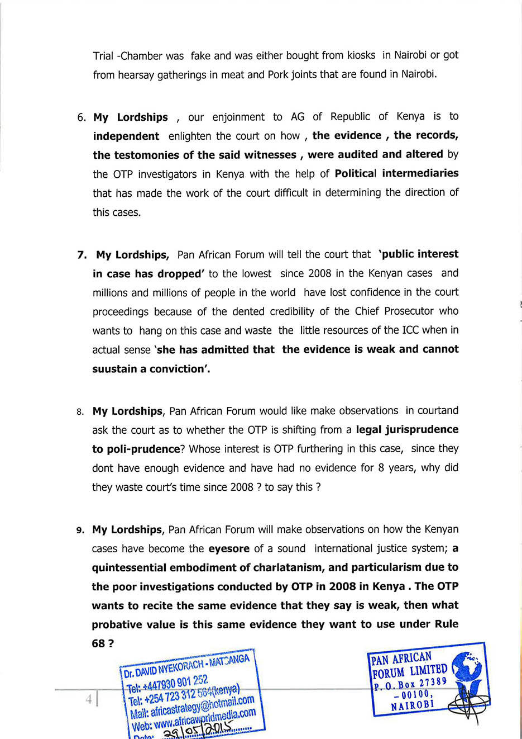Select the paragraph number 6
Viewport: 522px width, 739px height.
[x=81, y=117]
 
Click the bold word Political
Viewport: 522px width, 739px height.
[x=355, y=173]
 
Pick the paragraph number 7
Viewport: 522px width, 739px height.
[x=82, y=255]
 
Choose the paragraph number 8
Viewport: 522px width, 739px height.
[x=80, y=412]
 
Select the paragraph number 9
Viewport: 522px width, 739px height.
[x=80, y=530]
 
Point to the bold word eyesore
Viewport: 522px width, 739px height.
[x=229, y=549]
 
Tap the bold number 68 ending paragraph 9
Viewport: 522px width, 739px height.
[x=98, y=643]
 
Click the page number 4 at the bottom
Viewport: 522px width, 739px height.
[x=88, y=699]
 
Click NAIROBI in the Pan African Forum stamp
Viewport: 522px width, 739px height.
[x=412, y=705]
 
